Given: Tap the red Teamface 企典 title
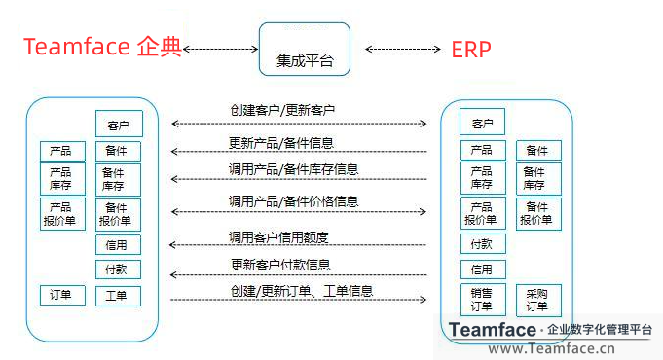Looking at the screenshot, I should pyautogui.click(x=103, y=48).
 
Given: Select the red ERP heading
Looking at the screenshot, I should pyautogui.click(x=470, y=50).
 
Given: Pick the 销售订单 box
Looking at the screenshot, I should pyautogui.click(x=482, y=300).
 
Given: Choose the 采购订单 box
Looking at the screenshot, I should pyautogui.click(x=537, y=300).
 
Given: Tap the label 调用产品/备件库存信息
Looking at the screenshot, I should pyautogui.click(x=293, y=169).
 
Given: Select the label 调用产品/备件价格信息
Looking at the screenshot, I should pyautogui.click(x=293, y=201).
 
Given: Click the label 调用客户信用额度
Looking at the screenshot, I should pyautogui.click(x=278, y=236).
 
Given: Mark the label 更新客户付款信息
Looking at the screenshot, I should pyautogui.click(x=279, y=264).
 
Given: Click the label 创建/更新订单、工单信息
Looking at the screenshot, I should pyautogui.click(x=302, y=291).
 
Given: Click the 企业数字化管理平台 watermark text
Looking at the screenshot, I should pyautogui.click(x=600, y=330).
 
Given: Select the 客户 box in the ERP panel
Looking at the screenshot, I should pyautogui.click(x=482, y=123).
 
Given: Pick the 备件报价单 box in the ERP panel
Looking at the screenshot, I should pyautogui.click(x=537, y=213).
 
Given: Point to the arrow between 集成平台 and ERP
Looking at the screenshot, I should pyautogui.click(x=401, y=48).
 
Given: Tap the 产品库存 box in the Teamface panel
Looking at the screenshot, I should pyautogui.click(x=60, y=178).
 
